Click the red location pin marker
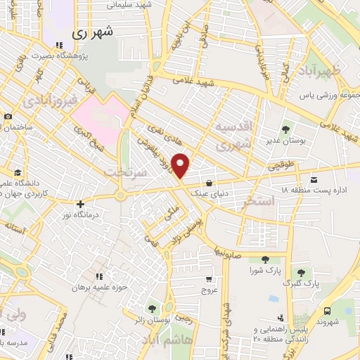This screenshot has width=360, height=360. (x=181, y=165)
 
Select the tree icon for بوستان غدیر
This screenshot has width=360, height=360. (x=285, y=129)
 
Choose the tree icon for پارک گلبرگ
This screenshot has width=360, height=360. (x=300, y=272)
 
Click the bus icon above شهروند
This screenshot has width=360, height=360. (x=327, y=311)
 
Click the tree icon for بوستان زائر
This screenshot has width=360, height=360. (x=151, y=308)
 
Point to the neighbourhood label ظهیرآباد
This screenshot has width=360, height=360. (x=323, y=70)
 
